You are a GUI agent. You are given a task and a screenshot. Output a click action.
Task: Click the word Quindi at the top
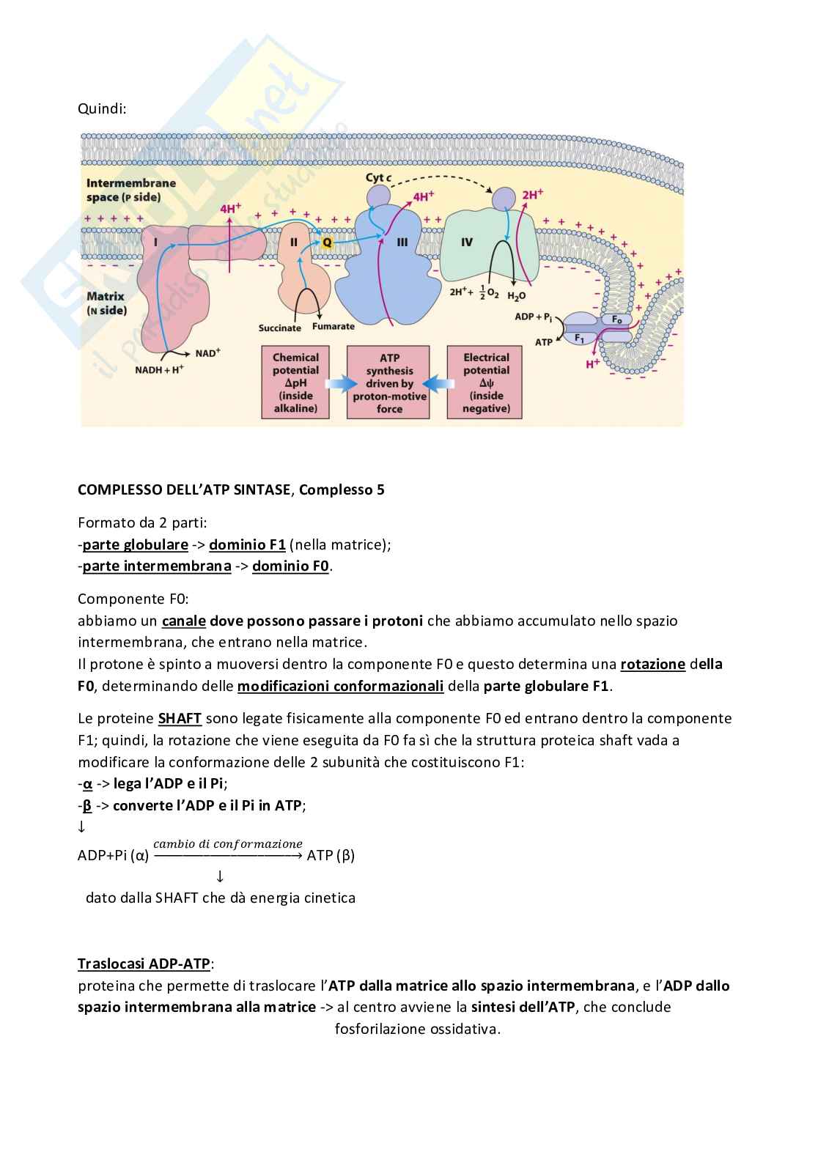(102, 108)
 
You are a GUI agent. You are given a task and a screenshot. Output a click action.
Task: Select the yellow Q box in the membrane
(327, 241)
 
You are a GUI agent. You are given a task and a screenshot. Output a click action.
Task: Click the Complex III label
(402, 242)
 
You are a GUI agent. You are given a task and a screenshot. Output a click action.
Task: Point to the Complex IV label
(466, 242)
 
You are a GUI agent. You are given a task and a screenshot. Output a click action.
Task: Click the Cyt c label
(378, 178)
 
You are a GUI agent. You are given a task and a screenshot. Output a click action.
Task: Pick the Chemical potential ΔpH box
(295, 382)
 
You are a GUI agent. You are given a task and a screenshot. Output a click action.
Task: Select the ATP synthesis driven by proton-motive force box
(389, 382)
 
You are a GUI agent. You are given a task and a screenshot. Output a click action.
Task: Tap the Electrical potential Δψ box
(485, 382)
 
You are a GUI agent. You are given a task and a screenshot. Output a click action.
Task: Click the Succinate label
(279, 328)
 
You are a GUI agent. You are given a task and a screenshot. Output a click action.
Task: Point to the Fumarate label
(334, 327)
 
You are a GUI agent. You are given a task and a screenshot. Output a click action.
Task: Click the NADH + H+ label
(158, 369)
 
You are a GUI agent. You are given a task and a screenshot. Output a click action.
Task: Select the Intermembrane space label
(131, 190)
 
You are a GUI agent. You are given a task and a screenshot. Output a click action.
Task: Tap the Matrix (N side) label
(106, 303)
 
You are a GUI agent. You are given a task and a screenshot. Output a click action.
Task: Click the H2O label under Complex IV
(516, 296)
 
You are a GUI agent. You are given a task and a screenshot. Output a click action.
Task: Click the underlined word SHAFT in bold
(180, 718)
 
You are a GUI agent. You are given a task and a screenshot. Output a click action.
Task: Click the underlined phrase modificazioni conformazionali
(340, 686)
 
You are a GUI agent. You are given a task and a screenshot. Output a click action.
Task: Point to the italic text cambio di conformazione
(227, 843)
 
